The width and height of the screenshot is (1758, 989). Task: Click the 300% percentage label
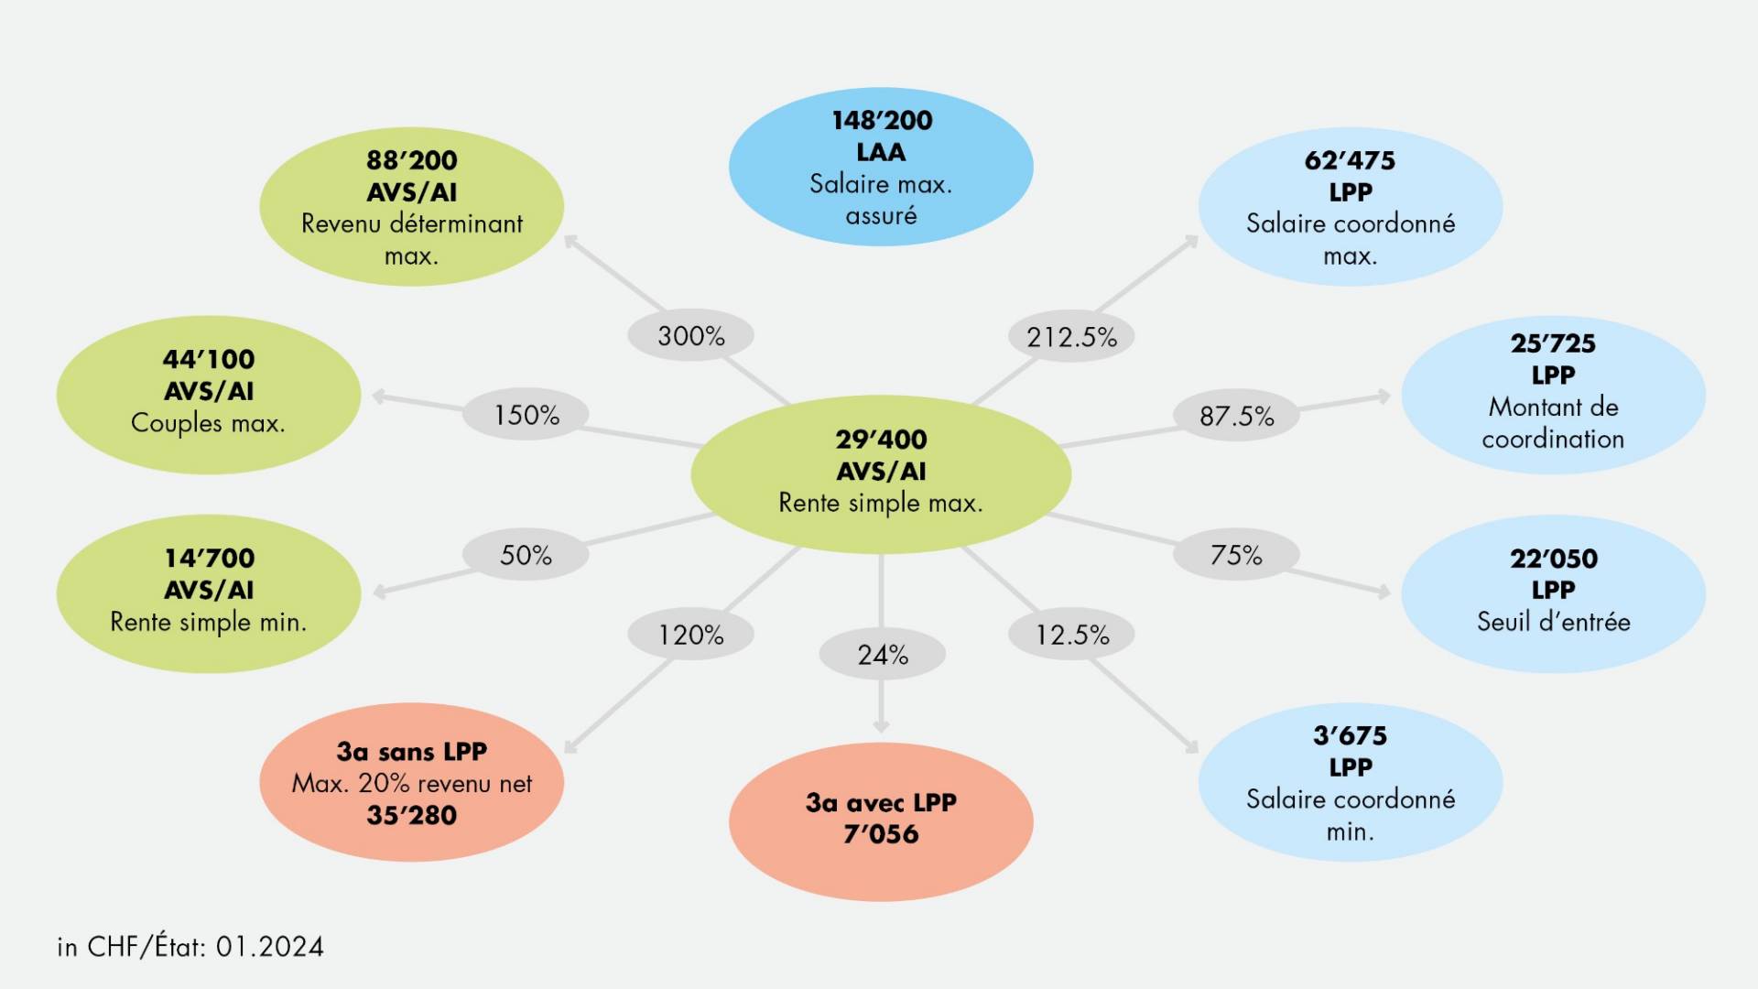point(691,336)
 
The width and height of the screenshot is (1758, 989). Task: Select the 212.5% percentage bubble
point(1071,337)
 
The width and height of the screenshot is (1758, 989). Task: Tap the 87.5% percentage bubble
point(1236,416)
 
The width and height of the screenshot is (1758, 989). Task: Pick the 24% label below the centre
point(883,655)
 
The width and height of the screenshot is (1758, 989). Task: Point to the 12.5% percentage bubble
point(1071,635)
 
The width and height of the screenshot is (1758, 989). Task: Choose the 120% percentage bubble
point(691,635)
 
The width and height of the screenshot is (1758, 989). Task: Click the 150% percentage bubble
point(526,415)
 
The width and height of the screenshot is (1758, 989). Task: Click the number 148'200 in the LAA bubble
point(882,120)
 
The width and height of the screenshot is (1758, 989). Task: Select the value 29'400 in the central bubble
point(881,440)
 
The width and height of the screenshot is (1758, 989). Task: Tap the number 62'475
point(1351,160)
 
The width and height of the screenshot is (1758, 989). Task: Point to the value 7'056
point(881,834)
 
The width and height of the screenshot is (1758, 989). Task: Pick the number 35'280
point(412,815)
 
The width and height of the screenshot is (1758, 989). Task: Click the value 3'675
point(1351,735)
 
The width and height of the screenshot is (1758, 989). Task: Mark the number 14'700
point(210,558)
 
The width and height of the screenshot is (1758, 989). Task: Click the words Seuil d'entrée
point(1554,622)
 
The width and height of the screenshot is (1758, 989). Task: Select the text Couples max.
point(208,423)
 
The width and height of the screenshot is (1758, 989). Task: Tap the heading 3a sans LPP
point(412,752)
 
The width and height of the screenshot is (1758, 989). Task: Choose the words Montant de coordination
point(1554,423)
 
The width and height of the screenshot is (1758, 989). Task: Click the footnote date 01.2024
point(270,947)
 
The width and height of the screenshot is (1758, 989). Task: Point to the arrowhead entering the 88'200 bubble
point(570,241)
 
